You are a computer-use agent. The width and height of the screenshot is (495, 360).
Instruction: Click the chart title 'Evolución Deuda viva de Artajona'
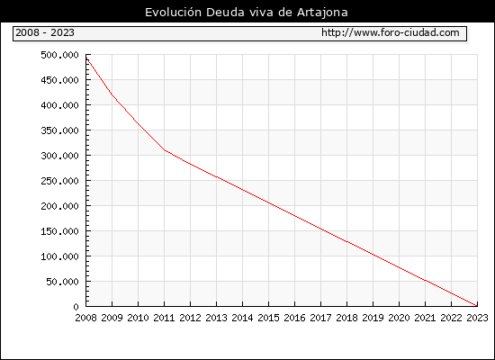(247, 13)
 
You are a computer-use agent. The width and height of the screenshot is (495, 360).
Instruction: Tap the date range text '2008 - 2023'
(45, 32)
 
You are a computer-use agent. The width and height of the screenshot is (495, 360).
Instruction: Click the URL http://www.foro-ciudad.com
(391, 32)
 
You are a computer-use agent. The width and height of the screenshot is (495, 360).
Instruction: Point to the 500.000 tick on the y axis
(59, 55)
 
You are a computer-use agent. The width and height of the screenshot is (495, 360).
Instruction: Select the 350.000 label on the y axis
(59, 130)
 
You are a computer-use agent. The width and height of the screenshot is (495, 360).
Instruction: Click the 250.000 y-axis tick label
(59, 181)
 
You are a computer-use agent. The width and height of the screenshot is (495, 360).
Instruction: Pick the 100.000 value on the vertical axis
(59, 256)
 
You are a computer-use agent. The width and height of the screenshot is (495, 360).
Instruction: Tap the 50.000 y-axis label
(62, 282)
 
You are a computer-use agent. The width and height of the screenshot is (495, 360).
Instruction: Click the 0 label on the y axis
(76, 307)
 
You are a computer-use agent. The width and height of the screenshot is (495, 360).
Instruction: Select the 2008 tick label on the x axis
(85, 318)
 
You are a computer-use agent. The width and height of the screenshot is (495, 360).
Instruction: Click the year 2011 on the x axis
(164, 318)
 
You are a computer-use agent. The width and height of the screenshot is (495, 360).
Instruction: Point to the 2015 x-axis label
(269, 318)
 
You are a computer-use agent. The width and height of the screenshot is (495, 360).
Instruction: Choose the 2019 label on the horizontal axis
(373, 318)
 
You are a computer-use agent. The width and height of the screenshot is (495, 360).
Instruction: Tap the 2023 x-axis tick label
(477, 318)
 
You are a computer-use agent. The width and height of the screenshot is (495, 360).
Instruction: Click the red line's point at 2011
(165, 150)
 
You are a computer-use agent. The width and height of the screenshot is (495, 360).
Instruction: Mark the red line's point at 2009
(112, 94)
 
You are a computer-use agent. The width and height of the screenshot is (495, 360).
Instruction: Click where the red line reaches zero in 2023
(477, 306)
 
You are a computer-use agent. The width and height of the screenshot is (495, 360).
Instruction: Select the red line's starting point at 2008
(86, 58)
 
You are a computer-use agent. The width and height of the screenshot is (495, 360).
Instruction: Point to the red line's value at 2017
(321, 229)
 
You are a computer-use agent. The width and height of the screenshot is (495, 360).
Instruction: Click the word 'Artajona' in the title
(322, 13)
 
